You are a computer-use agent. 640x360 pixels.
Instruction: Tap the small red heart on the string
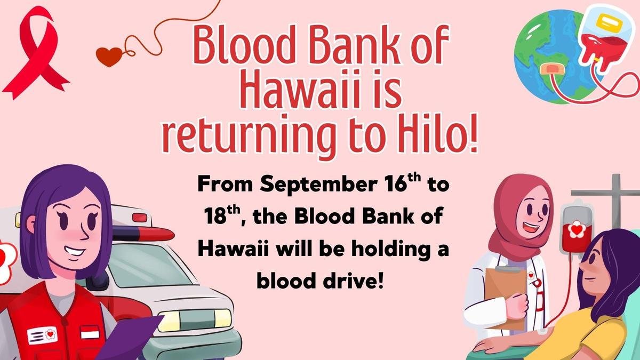(x=109, y=57)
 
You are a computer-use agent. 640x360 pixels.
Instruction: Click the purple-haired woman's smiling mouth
(x=74, y=252)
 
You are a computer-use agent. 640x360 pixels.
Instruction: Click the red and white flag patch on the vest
(x=90, y=333)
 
